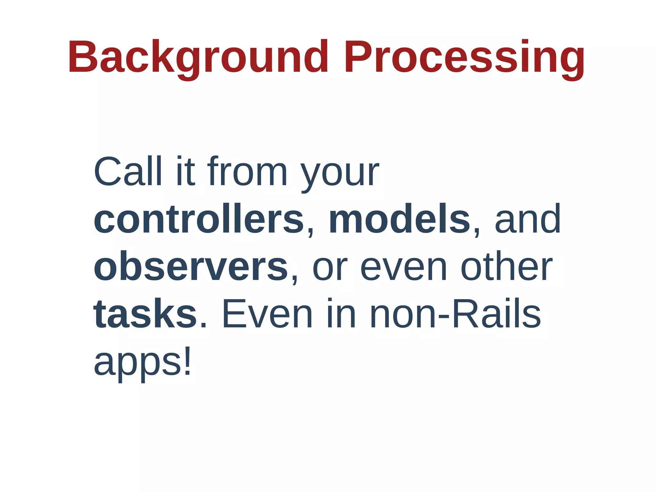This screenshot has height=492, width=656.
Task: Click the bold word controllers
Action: [199, 220]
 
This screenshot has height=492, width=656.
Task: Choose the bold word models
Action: [399, 220]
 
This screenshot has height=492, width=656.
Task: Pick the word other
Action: [506, 267]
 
